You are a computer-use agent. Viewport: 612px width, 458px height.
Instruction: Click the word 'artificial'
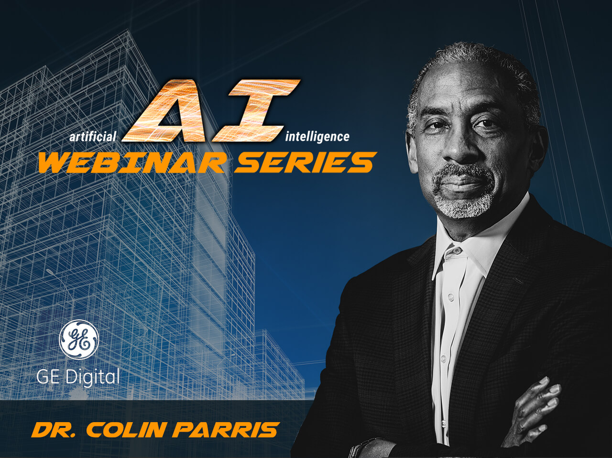[x=93, y=137]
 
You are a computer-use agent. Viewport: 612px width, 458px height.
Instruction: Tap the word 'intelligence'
[x=317, y=137]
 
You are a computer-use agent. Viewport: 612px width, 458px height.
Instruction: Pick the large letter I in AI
[x=256, y=110]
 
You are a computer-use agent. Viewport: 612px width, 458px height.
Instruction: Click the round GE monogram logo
[x=79, y=339]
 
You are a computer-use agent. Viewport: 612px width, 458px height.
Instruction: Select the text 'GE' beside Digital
[x=48, y=377]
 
